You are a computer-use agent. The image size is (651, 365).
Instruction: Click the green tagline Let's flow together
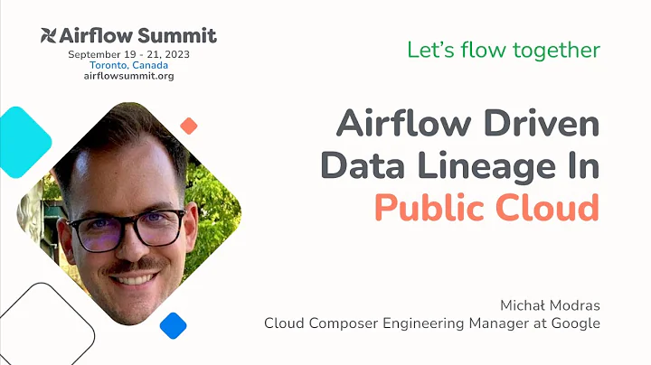coord(504,50)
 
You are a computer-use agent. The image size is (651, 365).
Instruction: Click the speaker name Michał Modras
coord(550,304)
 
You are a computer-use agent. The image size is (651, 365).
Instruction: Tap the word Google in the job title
coord(575,323)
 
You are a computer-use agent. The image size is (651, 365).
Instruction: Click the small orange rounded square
coord(189,126)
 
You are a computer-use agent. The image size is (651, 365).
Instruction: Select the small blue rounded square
coord(173,325)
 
